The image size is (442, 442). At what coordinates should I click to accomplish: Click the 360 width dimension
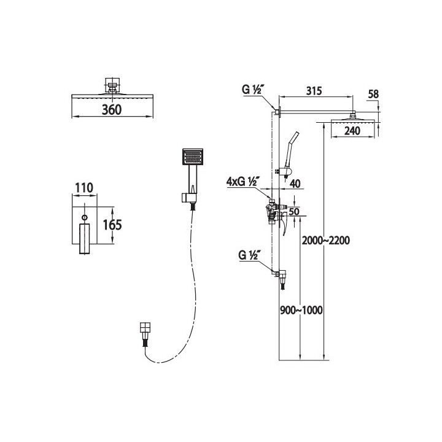(x=112, y=110)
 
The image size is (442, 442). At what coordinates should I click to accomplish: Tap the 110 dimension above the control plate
(x=84, y=188)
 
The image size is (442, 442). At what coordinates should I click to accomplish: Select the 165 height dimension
(x=112, y=225)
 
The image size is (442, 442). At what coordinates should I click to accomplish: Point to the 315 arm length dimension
(x=314, y=91)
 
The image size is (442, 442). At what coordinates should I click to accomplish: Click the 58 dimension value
(x=373, y=94)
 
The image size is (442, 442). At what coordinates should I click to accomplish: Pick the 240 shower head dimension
(x=352, y=131)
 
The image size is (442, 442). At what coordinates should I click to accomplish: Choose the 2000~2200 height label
(x=326, y=241)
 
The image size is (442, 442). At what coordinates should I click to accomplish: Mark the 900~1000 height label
(x=301, y=311)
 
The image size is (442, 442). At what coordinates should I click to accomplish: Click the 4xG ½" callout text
(x=242, y=182)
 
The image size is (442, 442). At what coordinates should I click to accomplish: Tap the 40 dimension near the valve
(x=295, y=184)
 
